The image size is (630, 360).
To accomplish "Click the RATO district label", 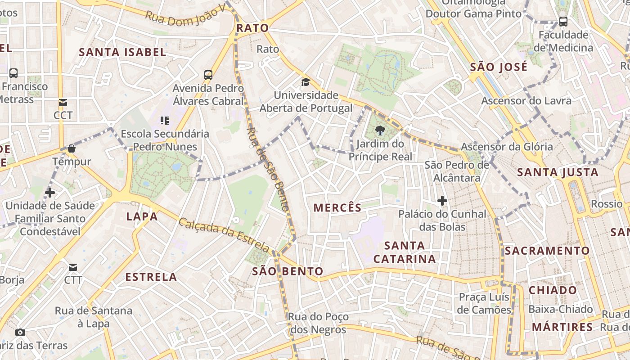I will tap(252, 28).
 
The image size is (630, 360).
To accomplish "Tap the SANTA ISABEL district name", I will tap(122, 52).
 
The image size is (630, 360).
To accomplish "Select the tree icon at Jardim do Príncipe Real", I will tap(380, 131).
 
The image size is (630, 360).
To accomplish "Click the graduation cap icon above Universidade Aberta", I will tap(306, 82).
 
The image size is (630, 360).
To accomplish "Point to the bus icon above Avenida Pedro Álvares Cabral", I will tap(208, 75).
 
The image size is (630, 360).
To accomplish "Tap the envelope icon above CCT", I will tap(63, 103).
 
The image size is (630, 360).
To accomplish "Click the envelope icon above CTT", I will tap(73, 267).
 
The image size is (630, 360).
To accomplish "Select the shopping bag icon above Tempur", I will tap(71, 148).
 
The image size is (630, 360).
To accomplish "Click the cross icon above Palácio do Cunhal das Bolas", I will tap(442, 201).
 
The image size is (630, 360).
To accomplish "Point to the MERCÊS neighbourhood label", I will tap(337, 208).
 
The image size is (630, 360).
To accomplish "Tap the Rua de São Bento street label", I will tap(268, 169).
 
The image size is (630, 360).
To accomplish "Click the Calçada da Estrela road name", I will tap(224, 235).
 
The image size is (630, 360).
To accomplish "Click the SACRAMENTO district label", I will tap(547, 251).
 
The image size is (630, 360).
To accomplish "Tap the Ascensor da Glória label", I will tap(507, 147).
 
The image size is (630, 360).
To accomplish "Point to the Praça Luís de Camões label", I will tap(484, 303).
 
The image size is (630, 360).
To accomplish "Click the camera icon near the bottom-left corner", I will tap(20, 333).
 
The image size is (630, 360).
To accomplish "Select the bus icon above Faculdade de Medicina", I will tap(563, 21).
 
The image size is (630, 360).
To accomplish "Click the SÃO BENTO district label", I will tap(288, 271).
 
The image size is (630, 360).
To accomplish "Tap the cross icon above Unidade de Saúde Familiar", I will tap(50, 193).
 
